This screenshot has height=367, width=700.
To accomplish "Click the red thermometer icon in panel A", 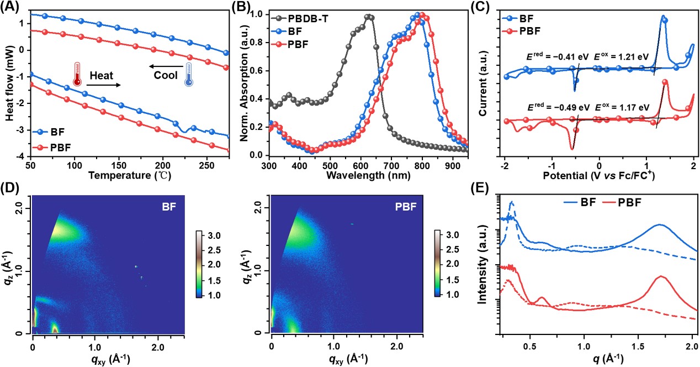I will pyautogui.click(x=76, y=74).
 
